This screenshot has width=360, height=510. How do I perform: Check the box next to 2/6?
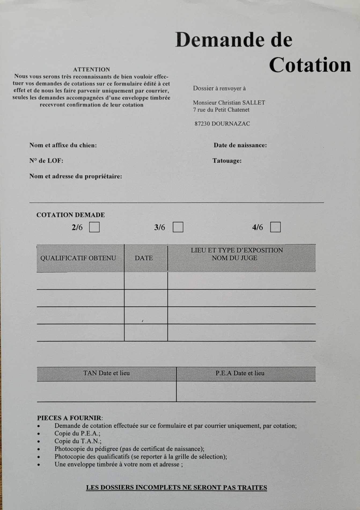click(x=94, y=227)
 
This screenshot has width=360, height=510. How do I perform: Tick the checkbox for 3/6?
click(x=178, y=227)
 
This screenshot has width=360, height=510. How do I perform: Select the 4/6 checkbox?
click(x=275, y=227)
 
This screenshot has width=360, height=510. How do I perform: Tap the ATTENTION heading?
click(x=91, y=70)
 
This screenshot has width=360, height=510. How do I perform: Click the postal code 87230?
click(x=202, y=124)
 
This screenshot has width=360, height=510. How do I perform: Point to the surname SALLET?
click(x=254, y=103)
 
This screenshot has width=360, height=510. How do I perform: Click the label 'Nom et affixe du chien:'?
click(x=63, y=145)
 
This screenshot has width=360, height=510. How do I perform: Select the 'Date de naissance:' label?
click(x=240, y=145)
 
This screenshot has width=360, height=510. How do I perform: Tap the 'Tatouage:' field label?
click(x=227, y=161)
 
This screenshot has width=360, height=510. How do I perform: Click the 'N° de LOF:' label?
click(x=46, y=161)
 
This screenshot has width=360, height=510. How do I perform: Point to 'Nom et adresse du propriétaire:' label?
click(x=76, y=176)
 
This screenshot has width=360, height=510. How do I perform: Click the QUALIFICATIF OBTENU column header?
click(x=78, y=258)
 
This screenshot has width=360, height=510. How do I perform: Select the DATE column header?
click(x=144, y=258)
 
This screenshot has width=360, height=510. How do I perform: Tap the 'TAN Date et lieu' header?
click(x=106, y=373)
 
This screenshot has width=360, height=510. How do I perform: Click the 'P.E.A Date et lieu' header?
click(x=240, y=373)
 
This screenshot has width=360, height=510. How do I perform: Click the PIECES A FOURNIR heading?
click(x=69, y=418)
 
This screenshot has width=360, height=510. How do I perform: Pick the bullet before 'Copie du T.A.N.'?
click(x=39, y=441)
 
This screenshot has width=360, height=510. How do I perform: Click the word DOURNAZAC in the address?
click(x=231, y=124)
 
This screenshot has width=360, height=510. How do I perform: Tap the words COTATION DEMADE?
click(x=71, y=215)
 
